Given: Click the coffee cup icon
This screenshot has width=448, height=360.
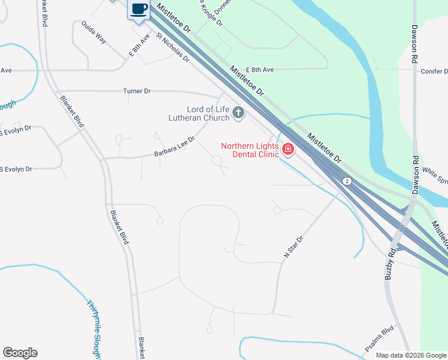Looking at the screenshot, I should pyautogui.click(x=138, y=9).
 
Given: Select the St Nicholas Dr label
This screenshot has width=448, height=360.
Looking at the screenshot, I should pyautogui.click(x=172, y=47).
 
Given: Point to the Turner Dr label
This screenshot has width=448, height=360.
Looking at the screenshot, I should pyautogui.click(x=137, y=91).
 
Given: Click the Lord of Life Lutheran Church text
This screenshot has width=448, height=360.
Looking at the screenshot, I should pyautogui.click(x=199, y=113).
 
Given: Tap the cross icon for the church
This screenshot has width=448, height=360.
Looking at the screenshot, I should pyautogui.click(x=238, y=113).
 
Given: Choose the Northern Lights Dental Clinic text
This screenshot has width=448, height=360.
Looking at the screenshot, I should pyautogui.click(x=250, y=150).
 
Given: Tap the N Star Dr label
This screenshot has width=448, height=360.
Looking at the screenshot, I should pyautogui.click(x=293, y=247).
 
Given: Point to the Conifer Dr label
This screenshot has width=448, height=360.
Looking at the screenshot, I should pyautogui.click(x=434, y=71).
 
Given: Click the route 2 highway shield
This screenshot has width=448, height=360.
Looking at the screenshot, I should pyautogui.click(x=346, y=181).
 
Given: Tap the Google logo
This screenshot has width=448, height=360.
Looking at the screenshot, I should pyautogui.click(x=20, y=353).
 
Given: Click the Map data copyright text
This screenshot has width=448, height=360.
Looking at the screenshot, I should pyautogui.click(x=411, y=355).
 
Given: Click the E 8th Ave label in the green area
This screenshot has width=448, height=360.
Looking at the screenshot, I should pyautogui.click(x=259, y=70).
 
